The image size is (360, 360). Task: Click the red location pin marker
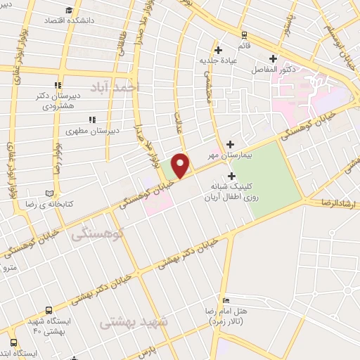181,165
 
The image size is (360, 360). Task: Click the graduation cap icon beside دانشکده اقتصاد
69,10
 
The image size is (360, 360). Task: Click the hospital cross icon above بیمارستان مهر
230,143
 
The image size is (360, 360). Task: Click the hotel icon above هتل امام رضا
225,300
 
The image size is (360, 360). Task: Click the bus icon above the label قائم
243,34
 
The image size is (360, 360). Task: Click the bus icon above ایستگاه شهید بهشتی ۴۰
49,310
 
